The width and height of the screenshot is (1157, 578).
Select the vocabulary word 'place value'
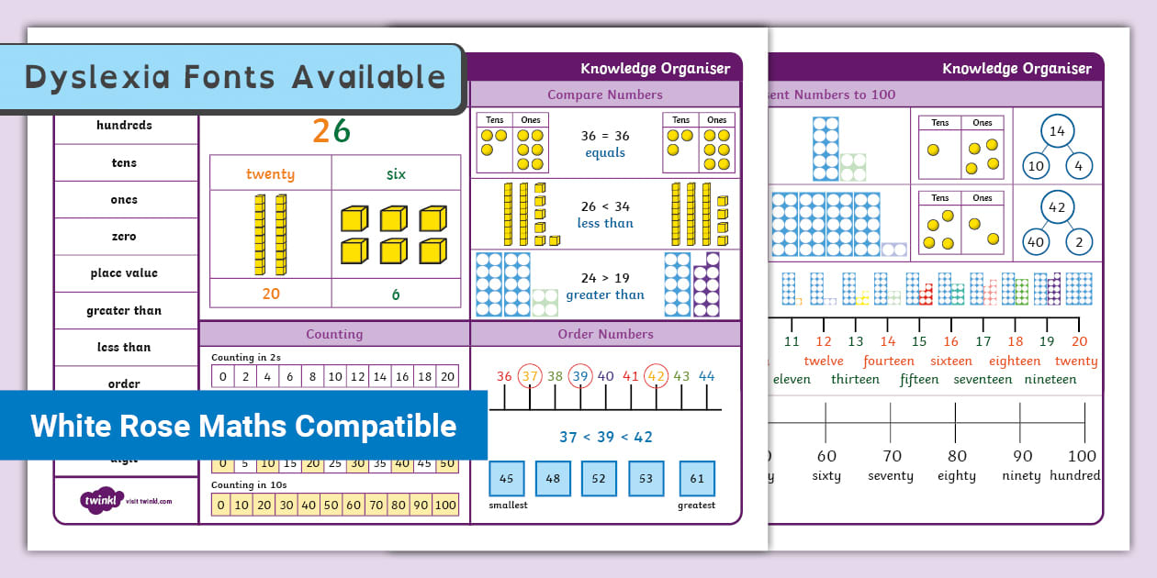(124, 273)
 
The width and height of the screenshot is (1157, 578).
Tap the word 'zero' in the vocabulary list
(124, 237)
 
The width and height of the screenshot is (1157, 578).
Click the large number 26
(331, 132)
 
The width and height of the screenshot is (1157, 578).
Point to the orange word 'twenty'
(270, 174)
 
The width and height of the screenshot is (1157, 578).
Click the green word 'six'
(396, 174)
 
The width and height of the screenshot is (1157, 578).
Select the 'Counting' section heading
(334, 334)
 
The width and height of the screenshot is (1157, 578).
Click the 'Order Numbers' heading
(605, 334)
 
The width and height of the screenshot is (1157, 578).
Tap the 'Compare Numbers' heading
(604, 94)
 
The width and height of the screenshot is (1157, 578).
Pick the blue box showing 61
(697, 478)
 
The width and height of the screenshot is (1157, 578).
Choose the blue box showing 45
(507, 478)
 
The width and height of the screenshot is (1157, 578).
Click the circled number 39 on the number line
(579, 376)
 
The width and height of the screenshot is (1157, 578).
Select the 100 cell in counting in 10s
(445, 505)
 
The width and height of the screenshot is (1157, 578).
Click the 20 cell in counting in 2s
(447, 376)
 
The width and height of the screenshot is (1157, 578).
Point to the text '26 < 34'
(605, 206)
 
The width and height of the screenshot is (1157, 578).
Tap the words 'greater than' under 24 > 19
(605, 295)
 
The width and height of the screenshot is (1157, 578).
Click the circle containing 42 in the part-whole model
(1057, 207)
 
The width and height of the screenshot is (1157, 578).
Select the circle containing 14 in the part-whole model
(1057, 131)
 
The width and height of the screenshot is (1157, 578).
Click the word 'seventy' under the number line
(891, 476)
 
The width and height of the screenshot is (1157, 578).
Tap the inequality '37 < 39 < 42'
(605, 438)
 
